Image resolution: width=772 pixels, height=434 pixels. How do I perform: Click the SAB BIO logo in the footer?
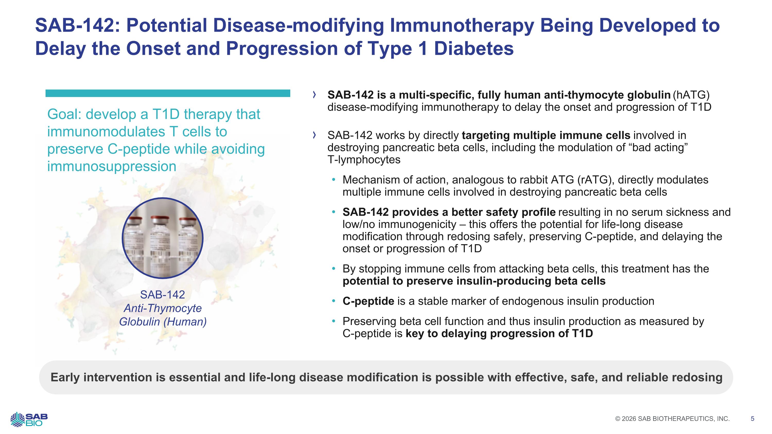tap(29, 419)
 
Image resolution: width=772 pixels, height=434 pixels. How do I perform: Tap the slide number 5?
tap(752, 419)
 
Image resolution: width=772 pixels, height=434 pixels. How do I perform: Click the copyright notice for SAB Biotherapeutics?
tap(672, 419)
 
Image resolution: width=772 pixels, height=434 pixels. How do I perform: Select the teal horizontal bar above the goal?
tap(168, 93)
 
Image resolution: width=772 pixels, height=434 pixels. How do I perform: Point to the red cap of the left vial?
tap(135, 220)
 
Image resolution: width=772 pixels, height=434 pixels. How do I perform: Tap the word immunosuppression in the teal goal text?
tap(112, 166)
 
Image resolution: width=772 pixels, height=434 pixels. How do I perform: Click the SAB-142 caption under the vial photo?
tap(162, 295)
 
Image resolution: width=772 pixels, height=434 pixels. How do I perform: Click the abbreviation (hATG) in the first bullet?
tap(691, 95)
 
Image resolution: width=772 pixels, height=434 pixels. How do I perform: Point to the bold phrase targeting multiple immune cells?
tap(546, 135)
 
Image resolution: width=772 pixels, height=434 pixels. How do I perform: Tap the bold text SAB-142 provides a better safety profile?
tap(449, 212)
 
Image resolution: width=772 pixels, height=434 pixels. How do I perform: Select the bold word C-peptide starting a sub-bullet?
tap(368, 301)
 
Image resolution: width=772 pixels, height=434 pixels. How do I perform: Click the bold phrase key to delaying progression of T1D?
tap(499, 334)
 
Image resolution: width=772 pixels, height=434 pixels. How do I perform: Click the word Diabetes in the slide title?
tap(474, 49)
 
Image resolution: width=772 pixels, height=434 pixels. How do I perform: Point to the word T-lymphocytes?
tap(364, 160)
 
